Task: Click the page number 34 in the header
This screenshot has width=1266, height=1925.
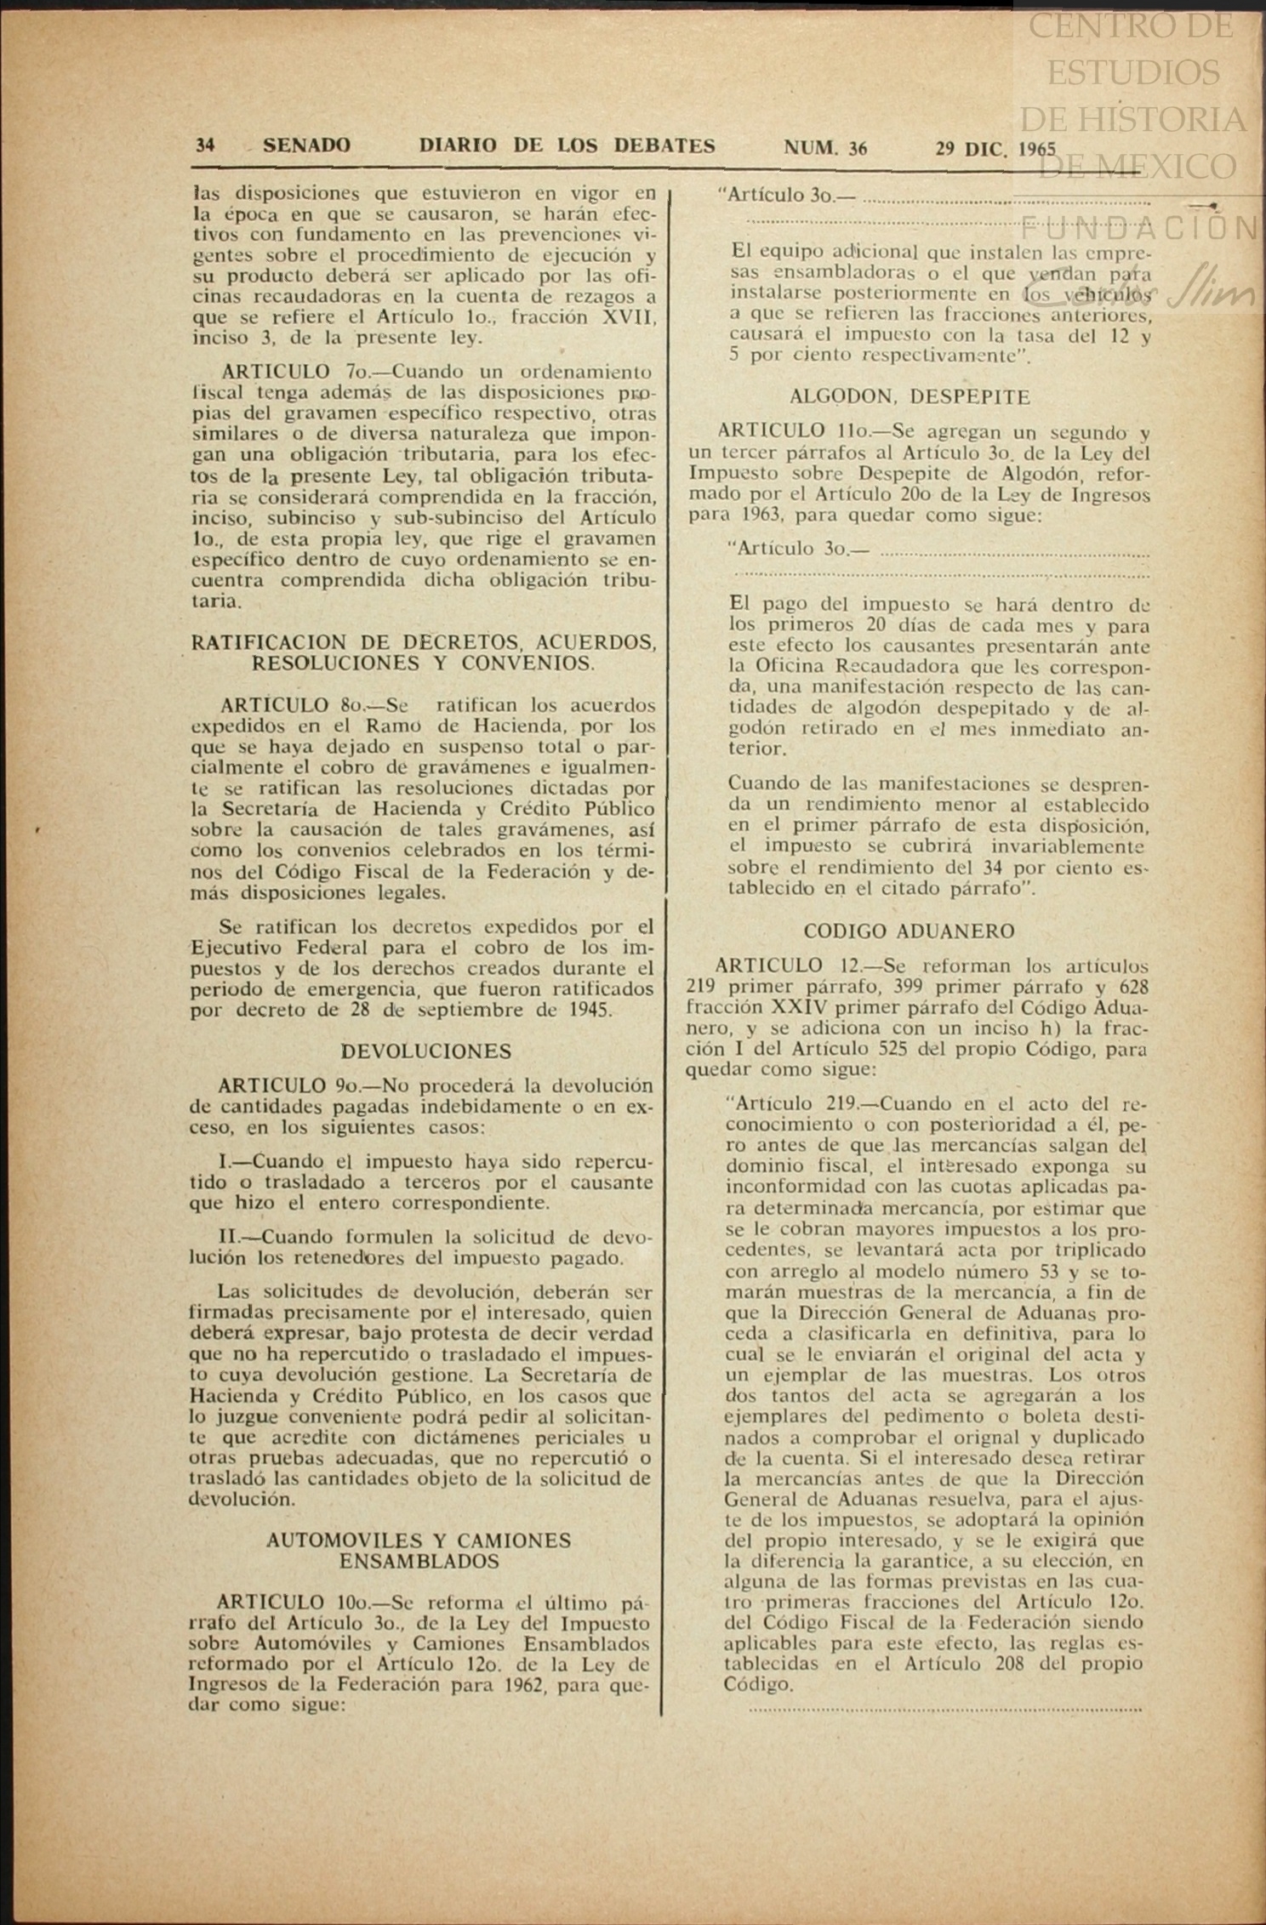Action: click(205, 146)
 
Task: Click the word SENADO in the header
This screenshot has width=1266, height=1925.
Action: click(307, 146)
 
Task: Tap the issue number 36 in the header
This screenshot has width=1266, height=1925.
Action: click(858, 148)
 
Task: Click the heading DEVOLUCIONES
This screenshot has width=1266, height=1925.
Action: click(426, 1051)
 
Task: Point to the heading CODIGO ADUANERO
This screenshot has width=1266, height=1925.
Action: click(909, 931)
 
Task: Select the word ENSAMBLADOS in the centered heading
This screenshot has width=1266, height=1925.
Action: click(419, 1562)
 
